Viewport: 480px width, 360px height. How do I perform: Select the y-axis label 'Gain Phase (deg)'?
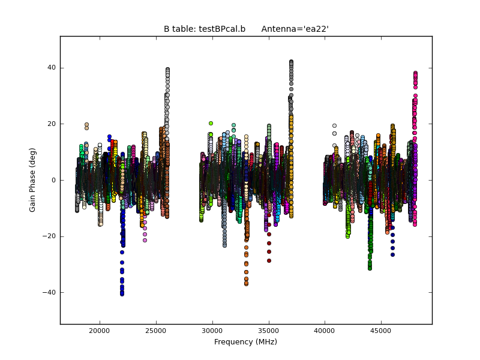[33, 180]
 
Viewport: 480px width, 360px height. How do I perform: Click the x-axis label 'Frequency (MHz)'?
[245, 342]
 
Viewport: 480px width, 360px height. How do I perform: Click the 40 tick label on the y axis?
[52, 68]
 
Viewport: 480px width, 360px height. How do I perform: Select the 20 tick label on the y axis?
[52, 124]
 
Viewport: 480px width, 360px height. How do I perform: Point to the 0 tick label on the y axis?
[53, 180]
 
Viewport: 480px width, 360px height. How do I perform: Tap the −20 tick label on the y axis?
[49, 236]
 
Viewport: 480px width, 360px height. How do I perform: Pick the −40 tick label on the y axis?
[49, 292]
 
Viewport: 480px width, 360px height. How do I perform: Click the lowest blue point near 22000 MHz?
[122, 294]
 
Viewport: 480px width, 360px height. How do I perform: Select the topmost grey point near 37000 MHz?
[291, 62]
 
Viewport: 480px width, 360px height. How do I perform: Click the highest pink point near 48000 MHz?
[415, 73]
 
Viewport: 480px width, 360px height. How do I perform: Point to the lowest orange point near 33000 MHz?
[246, 284]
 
